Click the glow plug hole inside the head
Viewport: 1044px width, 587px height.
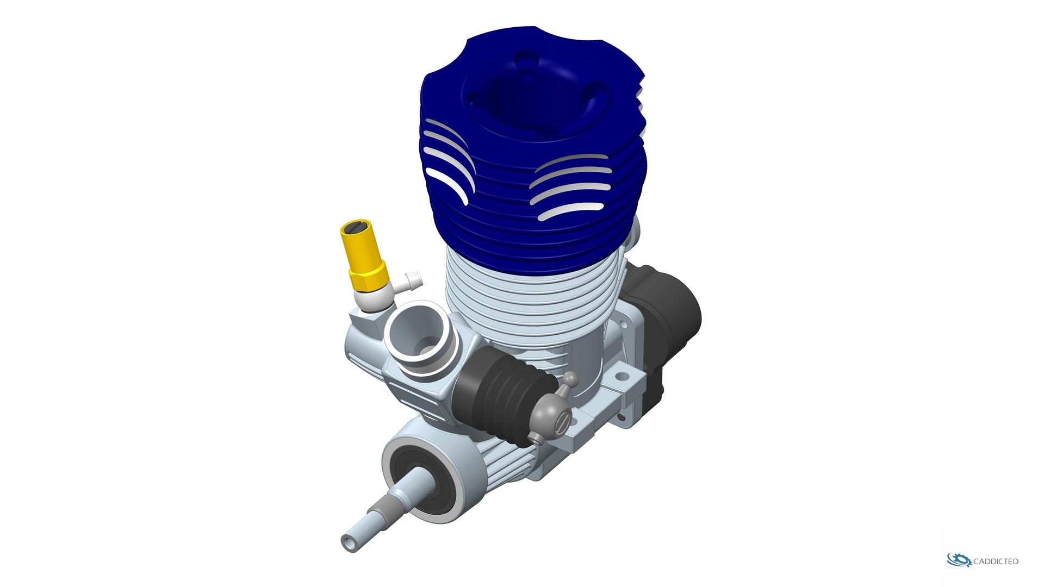517,101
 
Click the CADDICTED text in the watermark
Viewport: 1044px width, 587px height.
996,561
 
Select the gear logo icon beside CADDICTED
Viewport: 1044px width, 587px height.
959,560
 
